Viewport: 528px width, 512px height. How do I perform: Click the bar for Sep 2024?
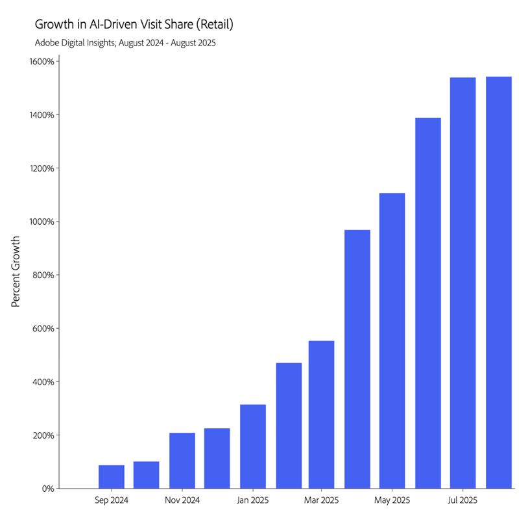click(x=111, y=476)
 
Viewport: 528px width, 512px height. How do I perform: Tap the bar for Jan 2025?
click(x=252, y=446)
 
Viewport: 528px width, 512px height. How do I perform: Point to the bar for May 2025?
click(x=392, y=340)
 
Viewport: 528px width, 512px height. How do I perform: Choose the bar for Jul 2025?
click(x=462, y=283)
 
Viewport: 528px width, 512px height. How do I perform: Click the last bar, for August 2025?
click(x=498, y=282)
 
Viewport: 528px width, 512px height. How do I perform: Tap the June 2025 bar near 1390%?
click(x=427, y=303)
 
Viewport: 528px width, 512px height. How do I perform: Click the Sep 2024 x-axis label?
click(x=111, y=500)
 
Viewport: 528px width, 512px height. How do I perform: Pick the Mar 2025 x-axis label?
click(x=322, y=500)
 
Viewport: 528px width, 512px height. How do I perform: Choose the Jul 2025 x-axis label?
click(x=462, y=500)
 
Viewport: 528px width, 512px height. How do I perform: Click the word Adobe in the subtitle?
click(x=47, y=43)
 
